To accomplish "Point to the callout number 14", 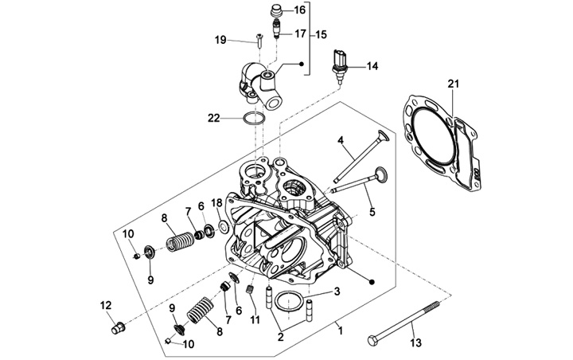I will pos(372,66).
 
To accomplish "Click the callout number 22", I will pos(214,118).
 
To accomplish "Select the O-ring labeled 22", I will pos(254,119).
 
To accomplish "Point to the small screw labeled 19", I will pos(259,37).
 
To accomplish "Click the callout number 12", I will pos(105,305).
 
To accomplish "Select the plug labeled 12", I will pos(116,325).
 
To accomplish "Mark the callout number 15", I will pos(322,35).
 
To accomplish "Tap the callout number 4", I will pos(341,141).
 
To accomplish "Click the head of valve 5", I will pos(380,173).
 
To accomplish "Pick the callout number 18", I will pos(216,203).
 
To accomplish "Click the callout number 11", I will pos(255,319).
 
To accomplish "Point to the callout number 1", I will pos(340,327).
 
